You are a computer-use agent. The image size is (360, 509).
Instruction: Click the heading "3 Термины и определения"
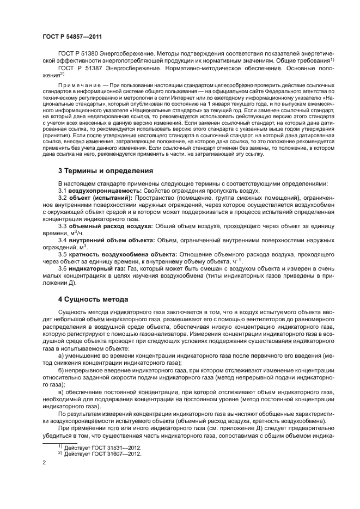(105, 170)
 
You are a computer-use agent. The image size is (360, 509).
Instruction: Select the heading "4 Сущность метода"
(93, 299)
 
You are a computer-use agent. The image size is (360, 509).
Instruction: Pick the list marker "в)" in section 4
(61, 392)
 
